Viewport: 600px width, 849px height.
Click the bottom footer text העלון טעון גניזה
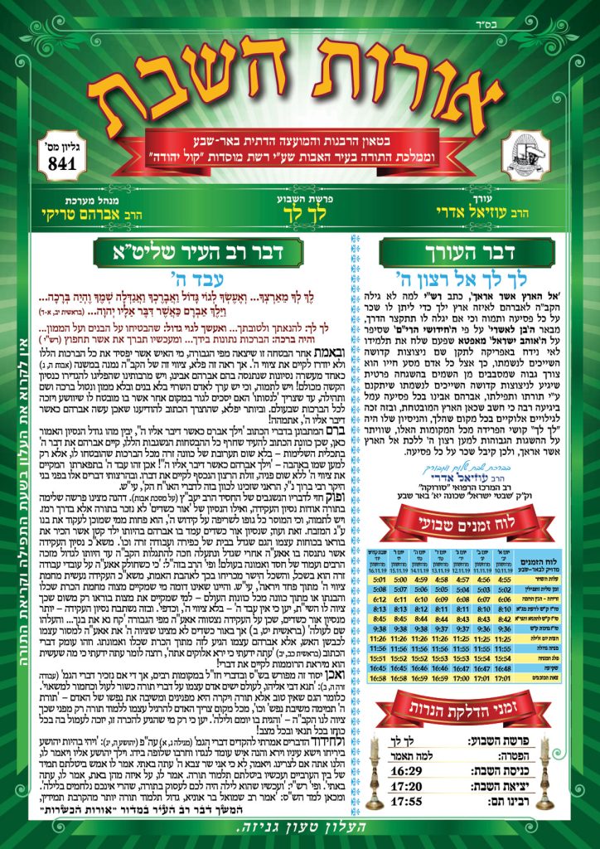point(300,831)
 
